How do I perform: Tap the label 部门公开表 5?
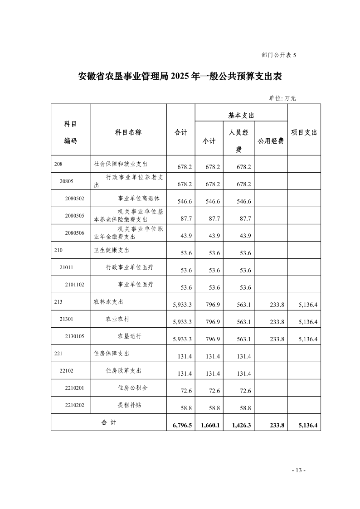278,55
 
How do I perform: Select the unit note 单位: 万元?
282,98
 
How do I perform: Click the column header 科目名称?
128,132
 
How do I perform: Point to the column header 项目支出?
304,132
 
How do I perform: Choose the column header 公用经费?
271,141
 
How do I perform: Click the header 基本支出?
241,116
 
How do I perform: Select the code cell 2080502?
75,198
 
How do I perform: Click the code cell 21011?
66,267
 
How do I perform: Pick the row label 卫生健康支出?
108,250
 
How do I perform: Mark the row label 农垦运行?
129,336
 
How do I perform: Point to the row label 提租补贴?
129,405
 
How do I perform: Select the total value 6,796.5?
182,426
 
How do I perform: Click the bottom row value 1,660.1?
210,426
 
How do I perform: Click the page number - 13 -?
298,470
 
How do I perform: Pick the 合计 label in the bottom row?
108,422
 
